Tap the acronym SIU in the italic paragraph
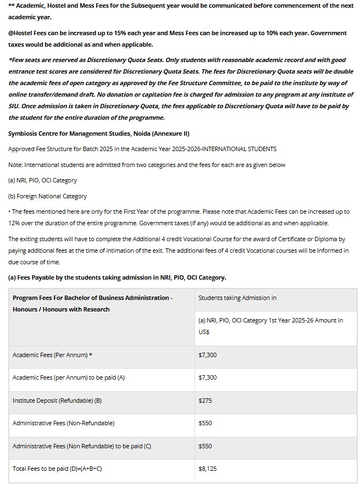pos(15,106)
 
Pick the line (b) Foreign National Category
pos(47,196)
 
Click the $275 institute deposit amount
pos(204,400)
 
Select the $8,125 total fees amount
pos(207,469)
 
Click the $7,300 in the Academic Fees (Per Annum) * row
pos(207,355)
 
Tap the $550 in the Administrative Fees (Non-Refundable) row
pos(205,423)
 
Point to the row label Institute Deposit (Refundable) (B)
pos(57,400)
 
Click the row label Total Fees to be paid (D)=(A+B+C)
pos(57,469)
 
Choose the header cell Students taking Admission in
pos(237,298)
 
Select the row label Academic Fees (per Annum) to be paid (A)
pos(69,377)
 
